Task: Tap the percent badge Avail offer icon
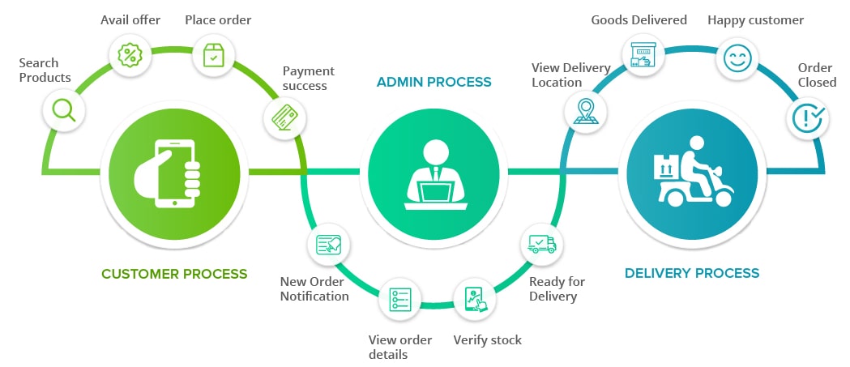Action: pos(130,55)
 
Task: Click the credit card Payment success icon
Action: pos(284,118)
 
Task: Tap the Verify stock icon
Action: pos(474,300)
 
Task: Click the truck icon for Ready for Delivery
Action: pos(541,244)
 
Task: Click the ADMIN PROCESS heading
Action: pos(434,82)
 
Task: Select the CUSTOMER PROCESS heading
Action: pos(174,274)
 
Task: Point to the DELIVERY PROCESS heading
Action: pos(692,273)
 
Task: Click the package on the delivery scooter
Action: pos(667,166)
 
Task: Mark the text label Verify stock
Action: pos(488,339)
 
